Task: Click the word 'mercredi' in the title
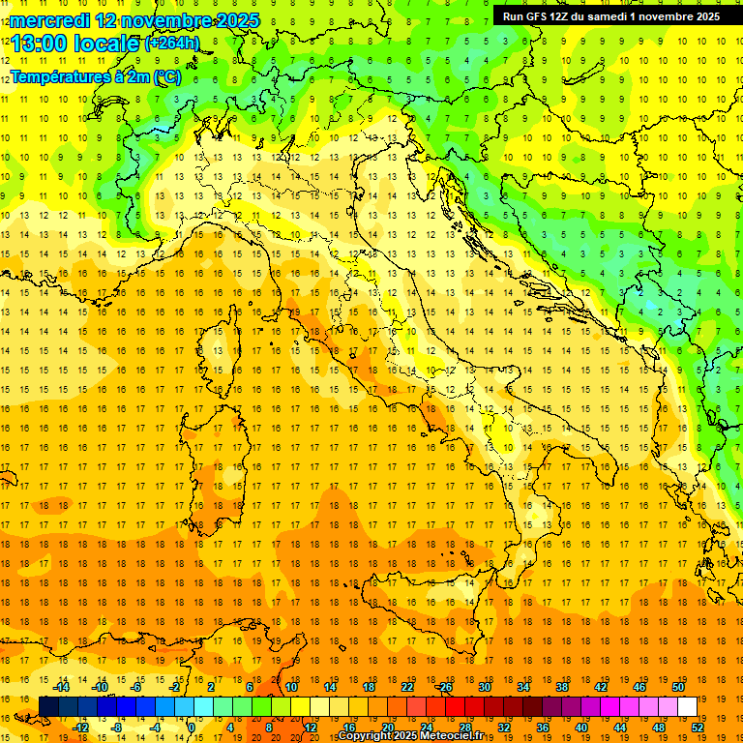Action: (45, 20)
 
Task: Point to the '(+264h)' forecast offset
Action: (172, 43)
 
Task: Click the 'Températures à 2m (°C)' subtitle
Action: (95, 77)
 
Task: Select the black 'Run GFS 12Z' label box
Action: (608, 15)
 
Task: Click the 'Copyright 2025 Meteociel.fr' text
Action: (410, 736)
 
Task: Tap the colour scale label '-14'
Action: (61, 686)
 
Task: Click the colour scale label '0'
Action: (192, 727)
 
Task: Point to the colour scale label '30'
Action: (484, 686)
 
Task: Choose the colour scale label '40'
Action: (581, 727)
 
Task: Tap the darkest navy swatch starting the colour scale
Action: (48, 706)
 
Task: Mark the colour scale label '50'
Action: (678, 686)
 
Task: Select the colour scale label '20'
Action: (387, 727)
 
